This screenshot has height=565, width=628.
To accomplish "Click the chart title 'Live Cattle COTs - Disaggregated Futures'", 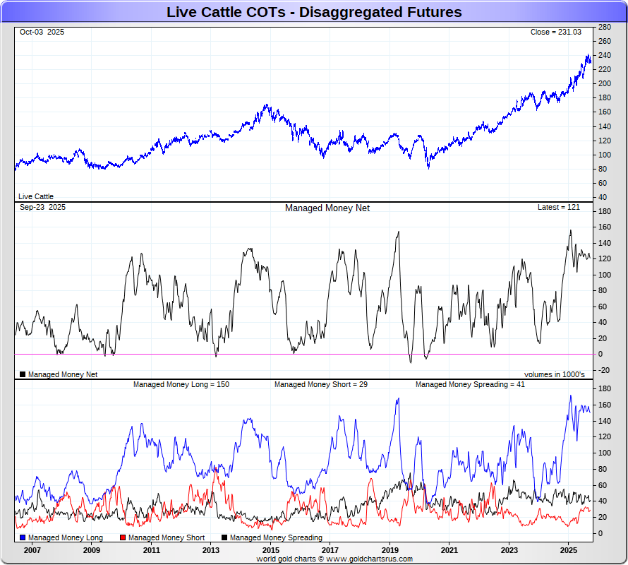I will click(314, 12).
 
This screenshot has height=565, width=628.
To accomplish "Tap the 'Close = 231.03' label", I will click(556, 32).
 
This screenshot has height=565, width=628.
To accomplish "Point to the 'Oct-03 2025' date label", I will click(42, 32).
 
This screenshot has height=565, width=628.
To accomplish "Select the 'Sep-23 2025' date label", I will click(42, 208).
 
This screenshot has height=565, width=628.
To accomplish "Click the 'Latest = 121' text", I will click(558, 208).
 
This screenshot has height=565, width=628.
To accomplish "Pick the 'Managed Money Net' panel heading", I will click(327, 208).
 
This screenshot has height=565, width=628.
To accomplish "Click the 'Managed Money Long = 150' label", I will click(181, 385).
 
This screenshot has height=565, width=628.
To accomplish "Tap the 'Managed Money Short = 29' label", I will click(320, 385).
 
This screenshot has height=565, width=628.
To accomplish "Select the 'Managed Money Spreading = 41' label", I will click(469, 385).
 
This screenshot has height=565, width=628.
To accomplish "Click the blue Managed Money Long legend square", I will click(23, 538).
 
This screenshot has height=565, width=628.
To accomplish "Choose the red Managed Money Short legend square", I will click(123, 538).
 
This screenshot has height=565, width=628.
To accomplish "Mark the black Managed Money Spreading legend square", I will click(225, 538).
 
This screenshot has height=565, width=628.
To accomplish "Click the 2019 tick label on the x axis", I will click(390, 549).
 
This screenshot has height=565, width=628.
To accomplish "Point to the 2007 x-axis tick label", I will click(32, 549).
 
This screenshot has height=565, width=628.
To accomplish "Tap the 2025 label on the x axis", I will click(569, 549).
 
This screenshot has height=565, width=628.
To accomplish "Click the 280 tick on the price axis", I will click(604, 27).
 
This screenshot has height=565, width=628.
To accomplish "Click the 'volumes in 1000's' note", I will click(554, 374).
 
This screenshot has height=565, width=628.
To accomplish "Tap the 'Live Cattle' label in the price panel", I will click(36, 197).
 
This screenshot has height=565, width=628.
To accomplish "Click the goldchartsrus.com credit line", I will click(334, 559).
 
